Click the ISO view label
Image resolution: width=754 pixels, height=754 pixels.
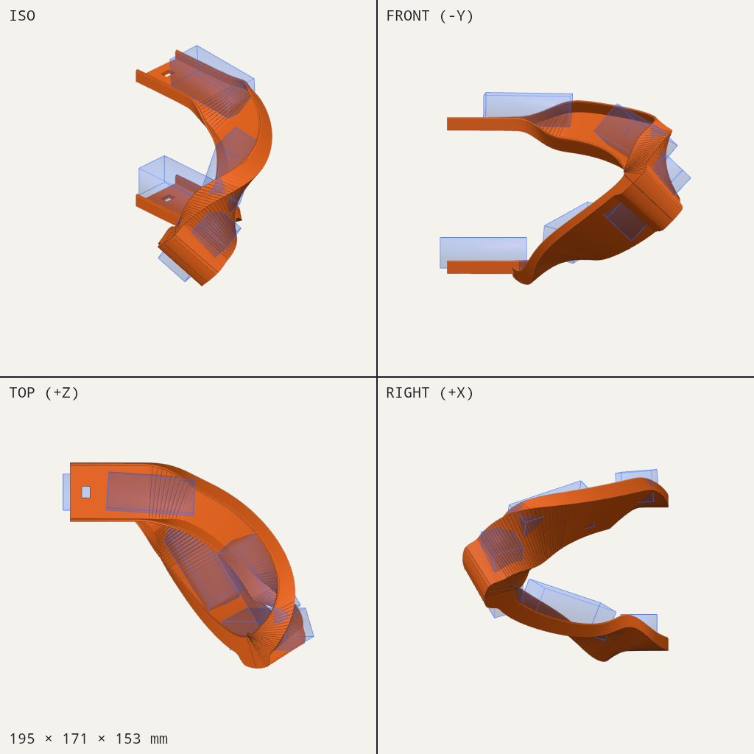(x=22, y=16)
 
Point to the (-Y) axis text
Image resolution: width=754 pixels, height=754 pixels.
(x=457, y=16)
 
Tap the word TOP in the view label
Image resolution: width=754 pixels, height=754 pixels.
(x=22, y=393)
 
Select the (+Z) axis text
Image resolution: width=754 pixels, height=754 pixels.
(x=62, y=393)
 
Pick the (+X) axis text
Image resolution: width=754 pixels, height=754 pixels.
(x=457, y=393)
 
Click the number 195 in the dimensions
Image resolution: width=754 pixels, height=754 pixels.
(x=22, y=739)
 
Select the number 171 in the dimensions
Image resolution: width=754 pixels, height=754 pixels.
(x=75, y=739)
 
